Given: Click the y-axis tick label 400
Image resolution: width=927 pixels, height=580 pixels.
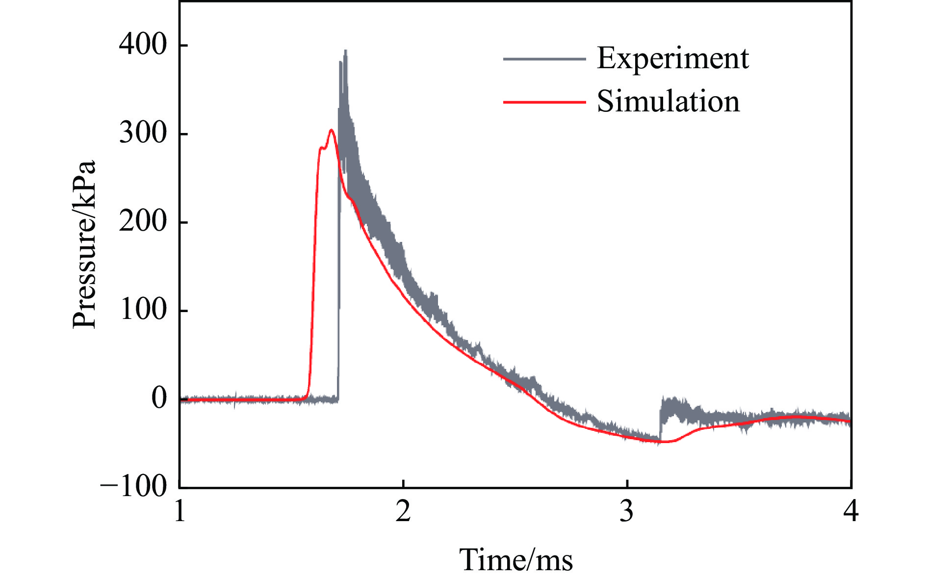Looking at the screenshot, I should coord(143,45).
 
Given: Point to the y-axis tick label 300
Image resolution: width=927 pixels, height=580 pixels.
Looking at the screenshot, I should coord(143,133).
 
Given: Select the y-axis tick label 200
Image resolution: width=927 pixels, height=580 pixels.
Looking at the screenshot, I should coord(143,222).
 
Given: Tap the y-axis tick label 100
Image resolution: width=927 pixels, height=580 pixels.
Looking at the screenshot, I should coord(143,310).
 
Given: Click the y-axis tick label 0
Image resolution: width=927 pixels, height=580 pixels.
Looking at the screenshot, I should coord(159,398).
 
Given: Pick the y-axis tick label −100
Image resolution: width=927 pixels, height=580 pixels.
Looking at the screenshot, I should coord(133,487).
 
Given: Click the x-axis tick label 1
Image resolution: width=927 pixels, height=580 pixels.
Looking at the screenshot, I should coord(180,511).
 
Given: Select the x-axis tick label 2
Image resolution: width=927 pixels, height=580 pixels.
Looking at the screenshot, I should coord(403,511).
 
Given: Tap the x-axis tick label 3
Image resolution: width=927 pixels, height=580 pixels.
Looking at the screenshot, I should coord(627,511).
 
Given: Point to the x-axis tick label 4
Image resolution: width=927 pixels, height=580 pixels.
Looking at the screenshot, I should coord(851,511).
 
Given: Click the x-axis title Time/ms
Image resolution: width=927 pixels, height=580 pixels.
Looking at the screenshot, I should coord(515,560).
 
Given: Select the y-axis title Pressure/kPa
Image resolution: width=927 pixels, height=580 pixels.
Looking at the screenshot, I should coord(83,244).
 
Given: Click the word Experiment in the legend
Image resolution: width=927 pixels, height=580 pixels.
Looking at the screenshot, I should coord(672,58).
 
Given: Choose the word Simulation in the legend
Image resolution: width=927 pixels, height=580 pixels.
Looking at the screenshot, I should coord(668,102).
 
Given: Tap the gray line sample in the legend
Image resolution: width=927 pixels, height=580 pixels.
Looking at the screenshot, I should coord(544,59).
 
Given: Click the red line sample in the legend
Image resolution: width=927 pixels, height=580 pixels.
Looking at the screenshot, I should coord(544,102).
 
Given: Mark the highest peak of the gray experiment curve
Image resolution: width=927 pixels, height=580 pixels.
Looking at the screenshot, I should coord(346,50).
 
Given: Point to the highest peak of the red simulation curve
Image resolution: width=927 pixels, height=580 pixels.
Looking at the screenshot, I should coord(332,130).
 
